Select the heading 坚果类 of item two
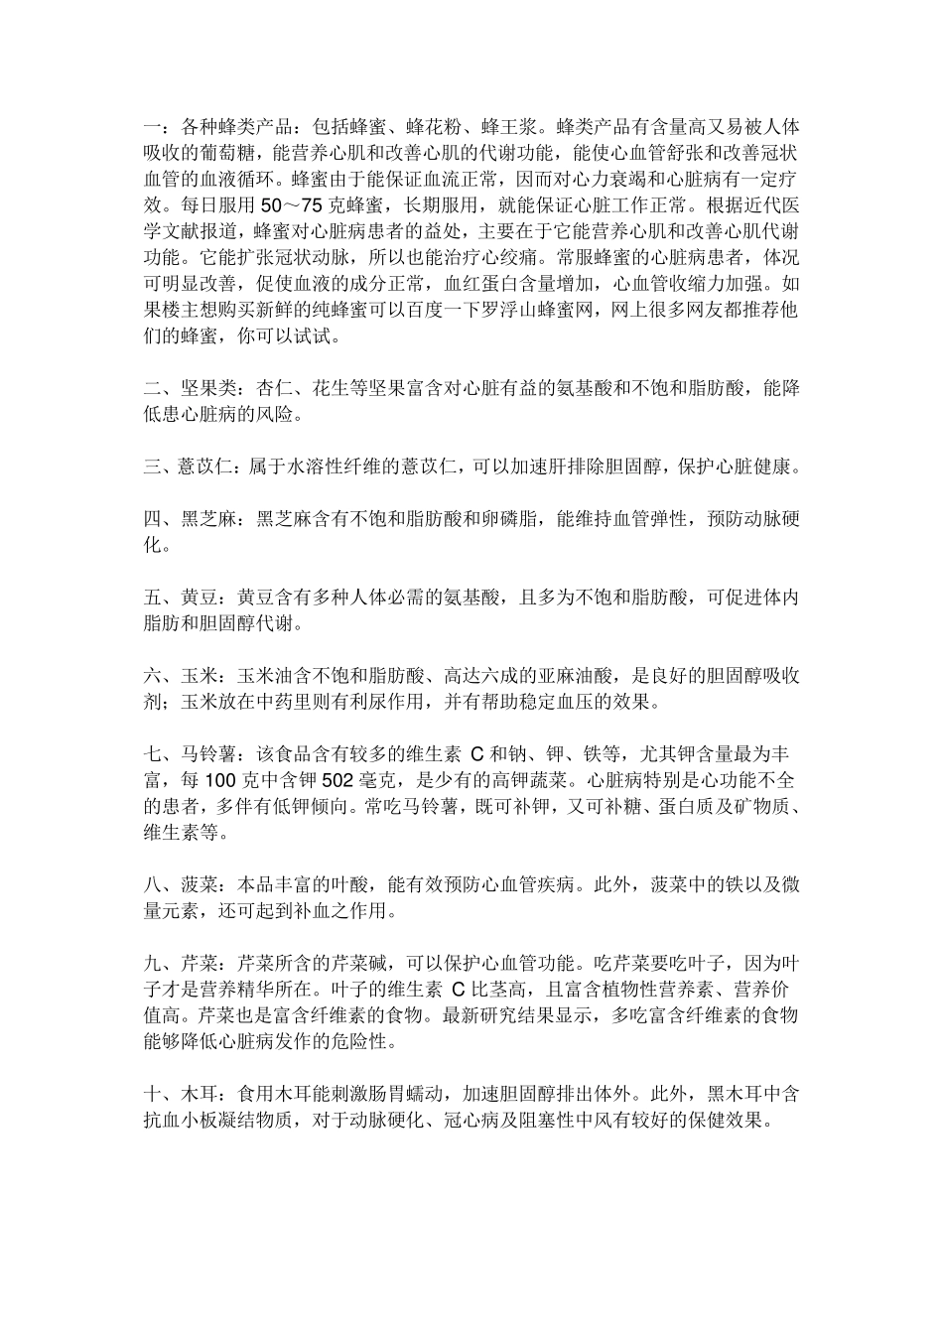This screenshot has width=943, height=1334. (202, 388)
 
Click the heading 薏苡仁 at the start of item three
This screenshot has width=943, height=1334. (202, 466)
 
